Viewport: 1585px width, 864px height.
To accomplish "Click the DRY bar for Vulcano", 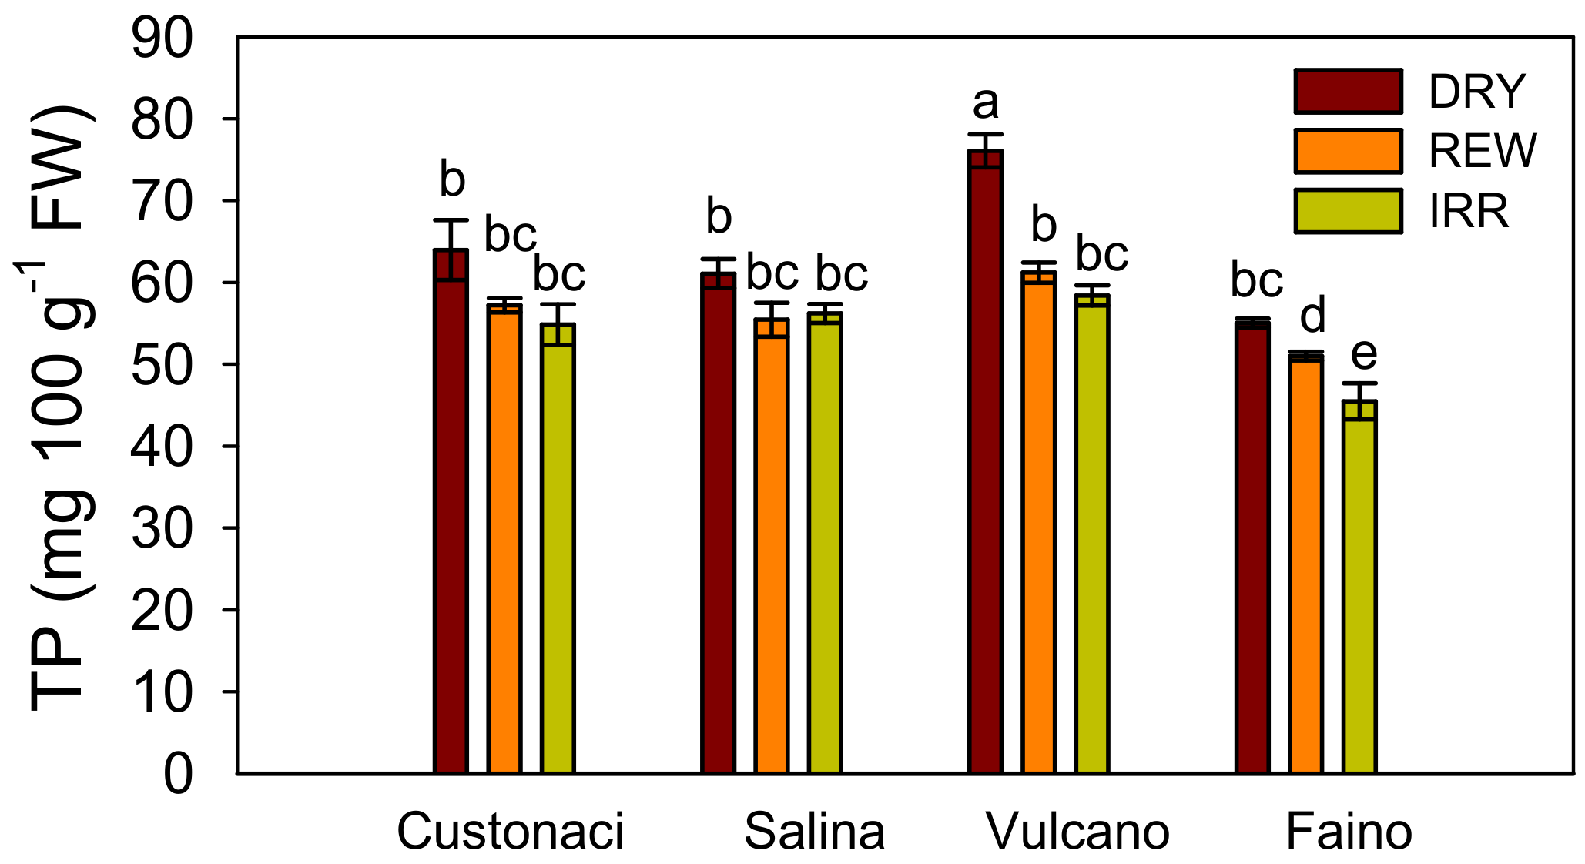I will [985, 462].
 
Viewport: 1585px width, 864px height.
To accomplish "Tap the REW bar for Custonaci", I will [504, 539].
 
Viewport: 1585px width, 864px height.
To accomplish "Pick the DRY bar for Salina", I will [718, 524].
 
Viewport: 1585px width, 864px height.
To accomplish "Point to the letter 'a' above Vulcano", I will [986, 103].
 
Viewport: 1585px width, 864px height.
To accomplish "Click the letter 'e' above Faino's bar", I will [1364, 354].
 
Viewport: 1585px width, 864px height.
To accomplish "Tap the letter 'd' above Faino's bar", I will [1312, 316].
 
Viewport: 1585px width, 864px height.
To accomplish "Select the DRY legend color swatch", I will [1348, 91].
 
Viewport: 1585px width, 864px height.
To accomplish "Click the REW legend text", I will [1483, 151].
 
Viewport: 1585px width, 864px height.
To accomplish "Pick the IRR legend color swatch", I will [1348, 211].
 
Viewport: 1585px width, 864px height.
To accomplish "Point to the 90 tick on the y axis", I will [162, 39].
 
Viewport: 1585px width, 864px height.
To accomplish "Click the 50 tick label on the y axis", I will [162, 365].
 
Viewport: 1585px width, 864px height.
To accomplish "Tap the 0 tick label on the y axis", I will [178, 774].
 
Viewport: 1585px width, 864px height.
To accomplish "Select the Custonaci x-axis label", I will [510, 832].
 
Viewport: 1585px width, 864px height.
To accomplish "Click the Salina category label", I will [814, 832].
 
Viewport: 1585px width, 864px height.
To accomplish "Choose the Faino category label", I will [1349, 832].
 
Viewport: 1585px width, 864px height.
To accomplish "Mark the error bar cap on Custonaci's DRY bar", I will [451, 221].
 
